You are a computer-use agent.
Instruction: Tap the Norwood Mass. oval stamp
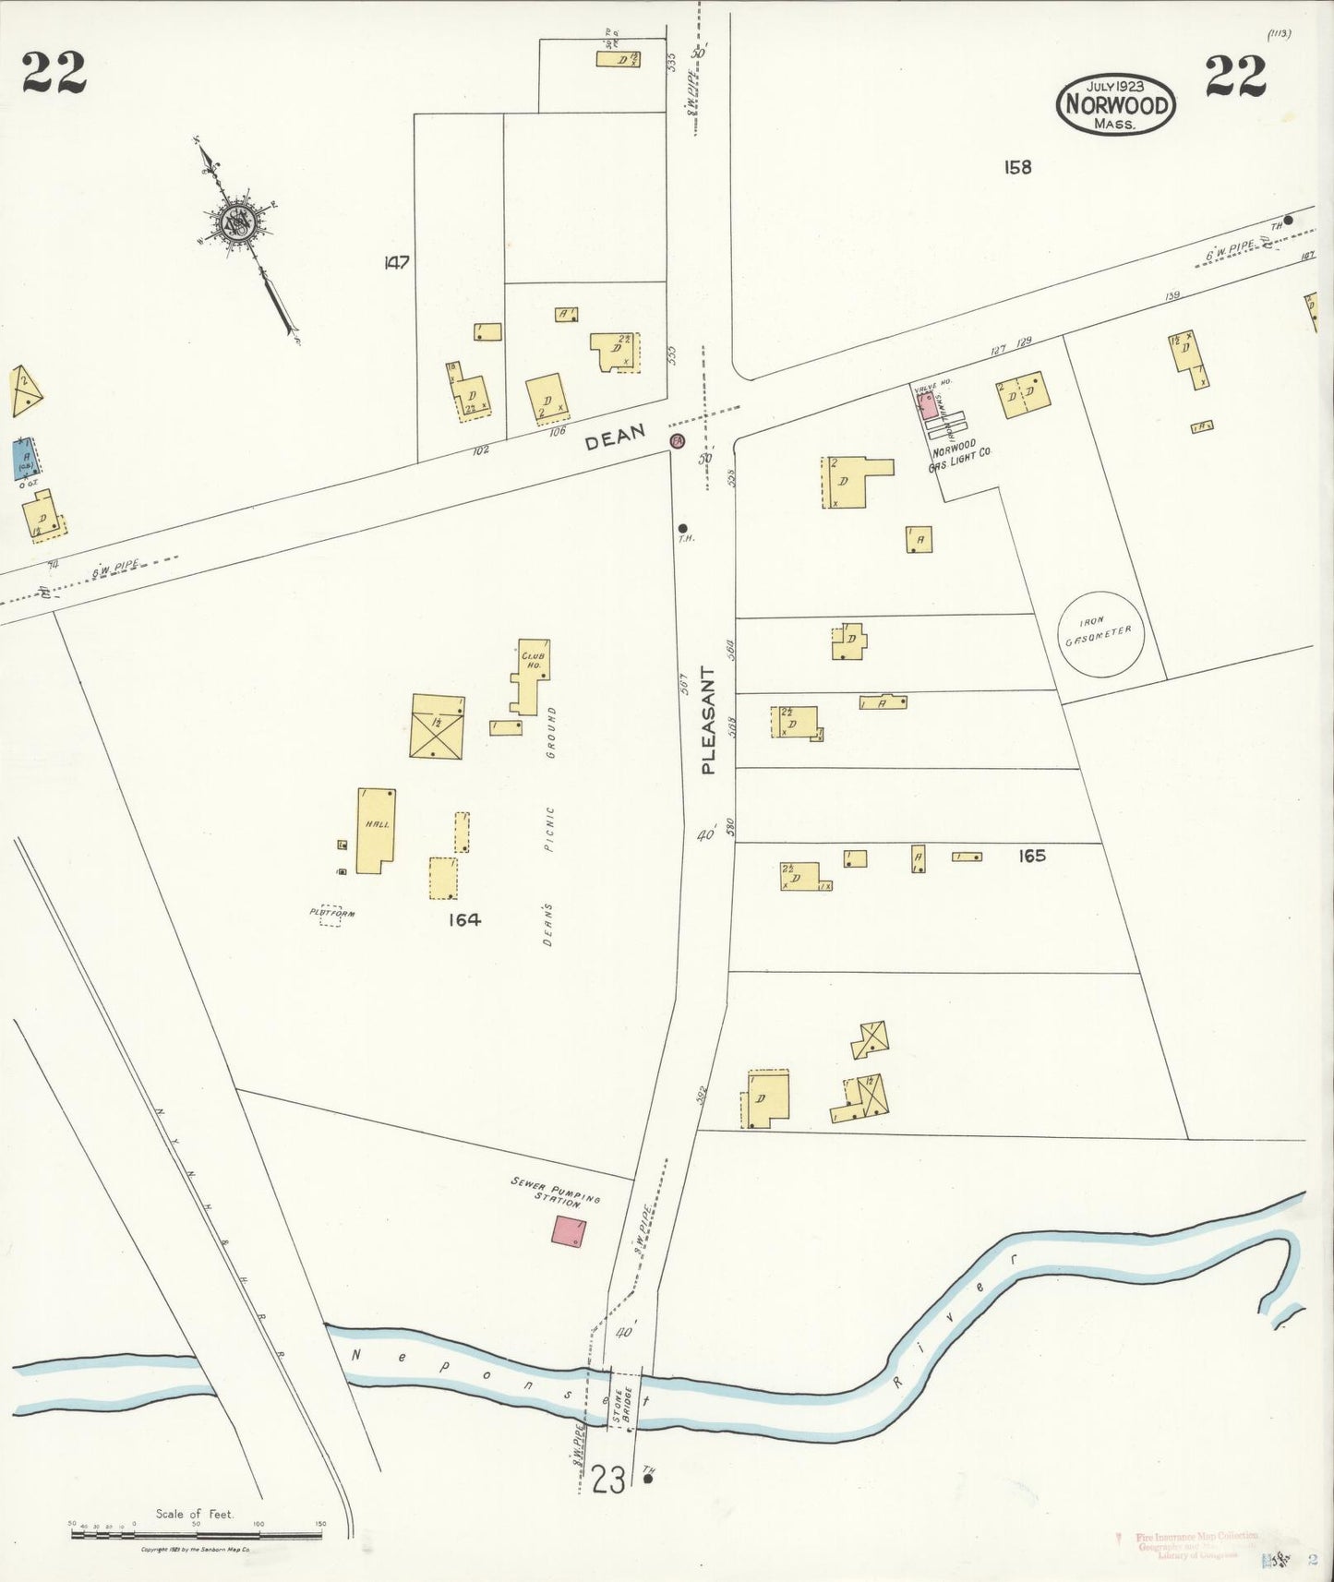(x=1116, y=103)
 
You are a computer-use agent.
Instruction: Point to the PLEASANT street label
(x=709, y=719)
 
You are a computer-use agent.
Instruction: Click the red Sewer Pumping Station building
(x=569, y=1231)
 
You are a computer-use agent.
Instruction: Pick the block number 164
(x=464, y=919)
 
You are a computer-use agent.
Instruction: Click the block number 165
(x=1031, y=856)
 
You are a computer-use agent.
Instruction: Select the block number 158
(x=1017, y=167)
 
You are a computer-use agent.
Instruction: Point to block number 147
(x=396, y=263)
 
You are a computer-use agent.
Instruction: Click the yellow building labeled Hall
(x=376, y=830)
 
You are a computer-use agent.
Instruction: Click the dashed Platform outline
(x=330, y=914)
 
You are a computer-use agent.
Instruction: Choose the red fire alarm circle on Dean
(x=678, y=440)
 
